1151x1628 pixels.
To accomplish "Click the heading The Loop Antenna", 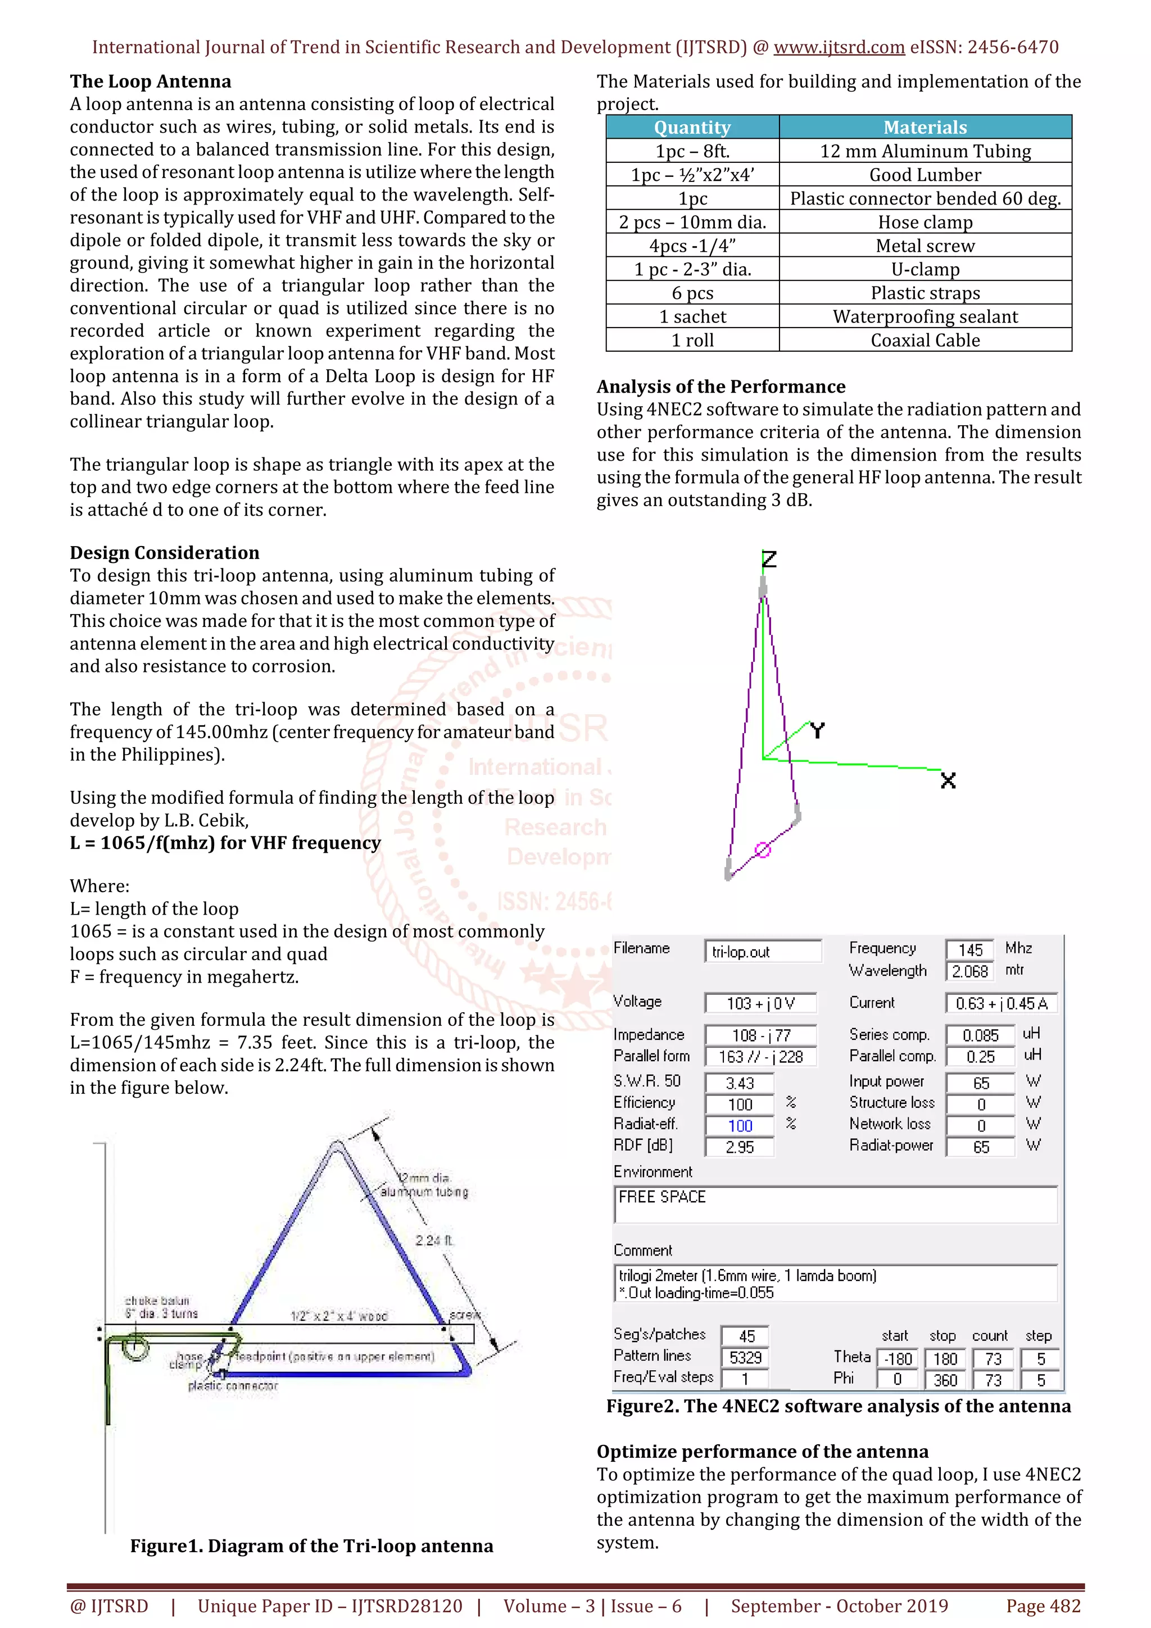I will [151, 81].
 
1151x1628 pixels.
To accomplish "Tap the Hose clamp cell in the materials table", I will [925, 222].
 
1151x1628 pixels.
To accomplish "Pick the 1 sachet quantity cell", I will [692, 316].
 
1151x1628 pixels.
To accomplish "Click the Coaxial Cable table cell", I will [925, 340].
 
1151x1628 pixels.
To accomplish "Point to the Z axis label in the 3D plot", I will [769, 560].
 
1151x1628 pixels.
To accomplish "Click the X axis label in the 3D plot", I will [948, 781].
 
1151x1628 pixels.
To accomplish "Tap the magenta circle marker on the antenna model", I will [763, 849].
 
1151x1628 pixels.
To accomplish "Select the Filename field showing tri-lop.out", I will [763, 952].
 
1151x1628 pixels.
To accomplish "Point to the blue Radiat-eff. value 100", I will [740, 1126].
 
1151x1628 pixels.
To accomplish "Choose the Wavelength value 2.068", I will [969, 971].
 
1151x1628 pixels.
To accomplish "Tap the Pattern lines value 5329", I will [745, 1357].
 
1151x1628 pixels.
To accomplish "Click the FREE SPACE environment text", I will [661, 1197].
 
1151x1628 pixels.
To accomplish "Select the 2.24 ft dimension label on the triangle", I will [433, 1240].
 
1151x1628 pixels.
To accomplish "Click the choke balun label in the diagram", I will [157, 1300].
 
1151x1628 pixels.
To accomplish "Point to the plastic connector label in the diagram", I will [233, 1385].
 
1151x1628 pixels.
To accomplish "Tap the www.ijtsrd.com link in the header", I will [839, 48].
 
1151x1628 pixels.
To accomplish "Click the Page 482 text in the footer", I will [1043, 1606].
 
